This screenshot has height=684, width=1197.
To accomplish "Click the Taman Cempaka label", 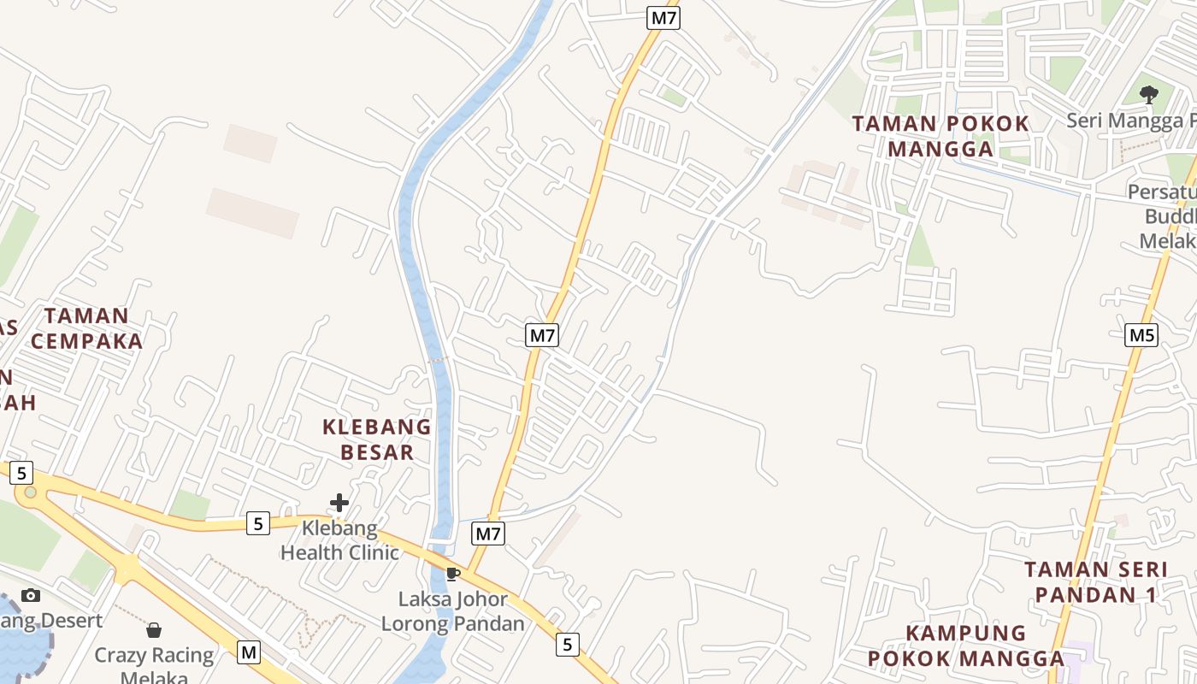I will (86, 328).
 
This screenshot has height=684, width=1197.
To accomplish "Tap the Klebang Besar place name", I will (376, 439).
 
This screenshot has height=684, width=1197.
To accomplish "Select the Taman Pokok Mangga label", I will (940, 136).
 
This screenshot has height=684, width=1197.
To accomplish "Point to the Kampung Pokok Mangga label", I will (966, 646).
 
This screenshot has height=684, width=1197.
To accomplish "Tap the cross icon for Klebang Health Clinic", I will (339, 502).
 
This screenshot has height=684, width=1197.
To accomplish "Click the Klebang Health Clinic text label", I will (339, 540).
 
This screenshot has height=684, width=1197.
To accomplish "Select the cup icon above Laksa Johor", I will (453, 574).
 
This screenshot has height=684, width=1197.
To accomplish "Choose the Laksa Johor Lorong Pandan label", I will (453, 611).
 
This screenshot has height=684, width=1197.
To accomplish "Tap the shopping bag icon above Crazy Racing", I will (154, 631).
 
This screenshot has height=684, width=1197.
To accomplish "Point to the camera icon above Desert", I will (31, 595).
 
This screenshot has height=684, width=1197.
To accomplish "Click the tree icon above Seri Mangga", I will (1149, 94).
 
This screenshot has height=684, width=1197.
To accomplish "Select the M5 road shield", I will (1141, 335).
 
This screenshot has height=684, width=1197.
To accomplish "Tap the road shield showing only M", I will (249, 652).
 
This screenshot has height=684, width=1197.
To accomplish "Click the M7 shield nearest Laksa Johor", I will (487, 534).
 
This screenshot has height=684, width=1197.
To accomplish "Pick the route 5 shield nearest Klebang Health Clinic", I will (258, 523).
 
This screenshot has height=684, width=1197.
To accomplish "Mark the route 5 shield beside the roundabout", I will (21, 473).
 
